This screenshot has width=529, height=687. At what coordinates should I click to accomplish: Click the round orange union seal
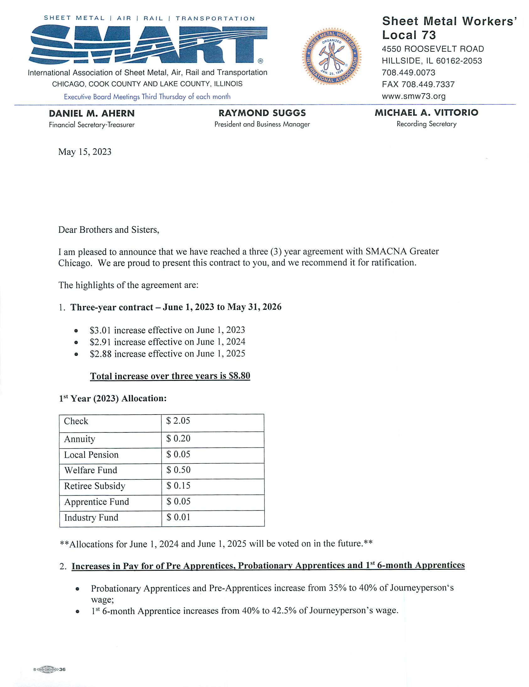(x=331, y=57)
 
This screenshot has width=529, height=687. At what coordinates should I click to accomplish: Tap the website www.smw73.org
(x=414, y=96)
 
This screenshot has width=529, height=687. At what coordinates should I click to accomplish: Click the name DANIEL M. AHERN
(x=92, y=113)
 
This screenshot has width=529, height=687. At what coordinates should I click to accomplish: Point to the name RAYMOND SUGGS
(x=262, y=113)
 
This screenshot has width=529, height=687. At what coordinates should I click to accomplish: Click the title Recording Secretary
(x=426, y=124)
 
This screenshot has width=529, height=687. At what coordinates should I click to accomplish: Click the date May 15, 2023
(x=85, y=152)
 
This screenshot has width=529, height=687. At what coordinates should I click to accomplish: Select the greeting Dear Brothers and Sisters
(x=109, y=230)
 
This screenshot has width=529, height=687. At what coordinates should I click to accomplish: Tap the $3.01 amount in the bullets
(x=100, y=330)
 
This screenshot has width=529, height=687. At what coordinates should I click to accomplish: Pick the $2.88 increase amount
(x=100, y=354)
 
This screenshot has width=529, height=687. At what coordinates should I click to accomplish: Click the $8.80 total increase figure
(x=239, y=376)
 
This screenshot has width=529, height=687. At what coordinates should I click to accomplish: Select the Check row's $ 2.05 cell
(x=178, y=421)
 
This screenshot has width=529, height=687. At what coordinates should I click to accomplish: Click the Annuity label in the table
(x=79, y=439)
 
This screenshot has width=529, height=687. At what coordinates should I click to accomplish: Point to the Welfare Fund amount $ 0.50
(x=178, y=470)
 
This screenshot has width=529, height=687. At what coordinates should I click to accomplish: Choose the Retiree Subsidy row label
(x=94, y=486)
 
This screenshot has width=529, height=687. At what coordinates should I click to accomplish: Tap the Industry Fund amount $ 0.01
(x=178, y=517)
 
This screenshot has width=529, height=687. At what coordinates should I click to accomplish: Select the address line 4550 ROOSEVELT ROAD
(x=433, y=49)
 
